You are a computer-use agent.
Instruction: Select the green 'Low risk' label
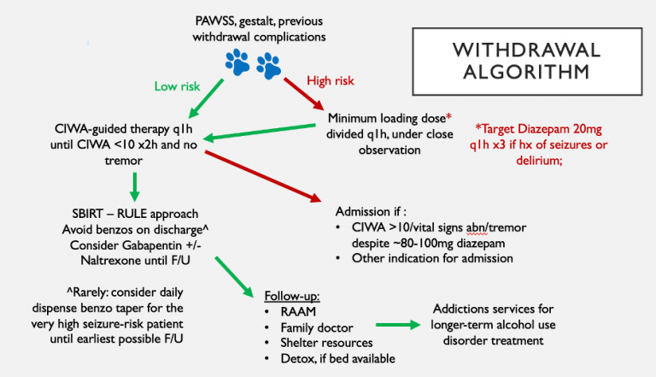coord(177,86)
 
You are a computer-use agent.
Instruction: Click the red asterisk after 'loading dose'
coord(448,116)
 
